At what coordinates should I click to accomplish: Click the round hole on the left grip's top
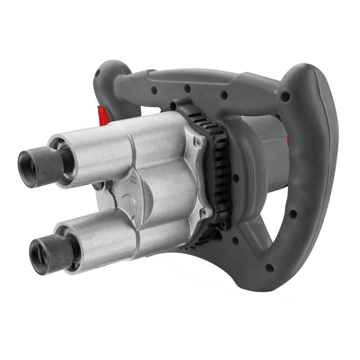coord(96,72)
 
